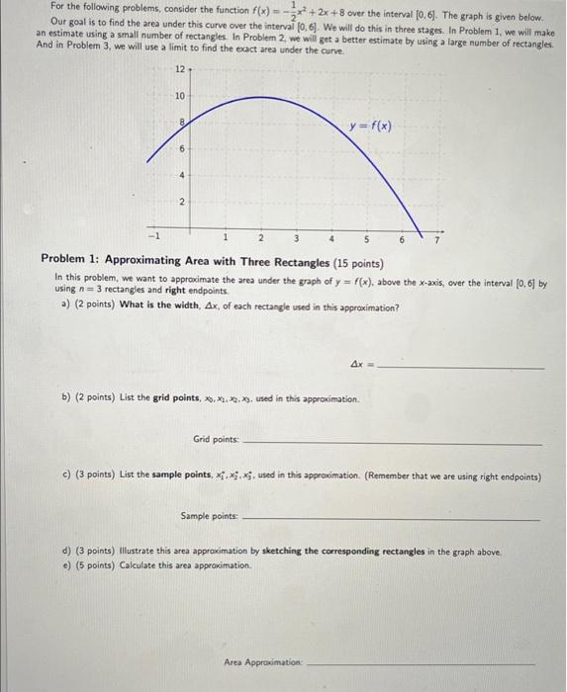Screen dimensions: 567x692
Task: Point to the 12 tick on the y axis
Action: [178, 70]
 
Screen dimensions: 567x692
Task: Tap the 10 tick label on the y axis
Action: [178, 97]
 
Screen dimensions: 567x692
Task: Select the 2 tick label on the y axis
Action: [179, 203]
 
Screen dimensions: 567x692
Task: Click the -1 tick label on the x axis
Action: [151, 237]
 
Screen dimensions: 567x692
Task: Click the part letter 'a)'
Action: [65, 306]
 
